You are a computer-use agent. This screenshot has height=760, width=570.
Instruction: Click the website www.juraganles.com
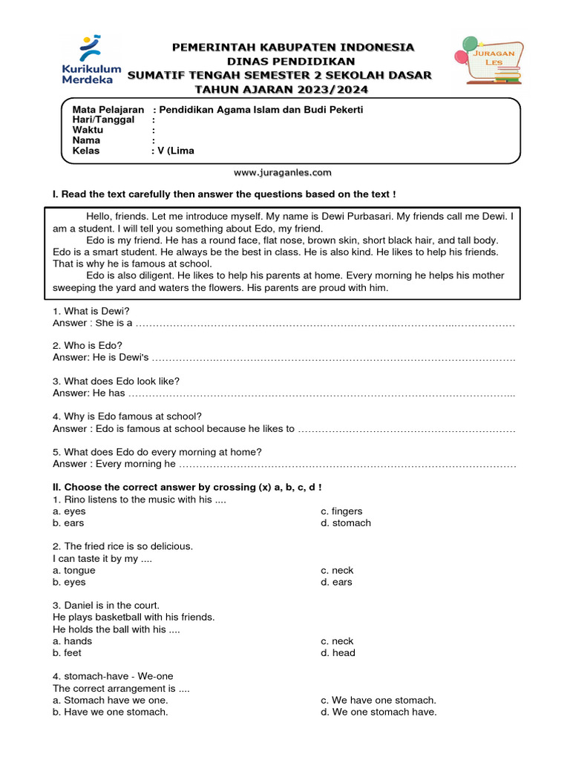tap(283, 172)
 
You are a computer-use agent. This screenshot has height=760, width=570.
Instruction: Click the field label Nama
tap(86, 140)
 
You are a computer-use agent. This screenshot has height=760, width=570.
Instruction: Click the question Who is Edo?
tap(88, 346)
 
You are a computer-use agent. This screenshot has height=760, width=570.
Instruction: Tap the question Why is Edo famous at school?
tap(127, 416)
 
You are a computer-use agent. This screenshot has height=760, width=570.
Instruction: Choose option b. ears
tap(69, 523)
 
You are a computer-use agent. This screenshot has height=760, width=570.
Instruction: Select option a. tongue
tap(74, 571)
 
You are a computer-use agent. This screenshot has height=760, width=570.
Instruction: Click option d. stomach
tap(346, 523)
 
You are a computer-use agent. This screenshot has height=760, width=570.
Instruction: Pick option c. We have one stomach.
tap(379, 700)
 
